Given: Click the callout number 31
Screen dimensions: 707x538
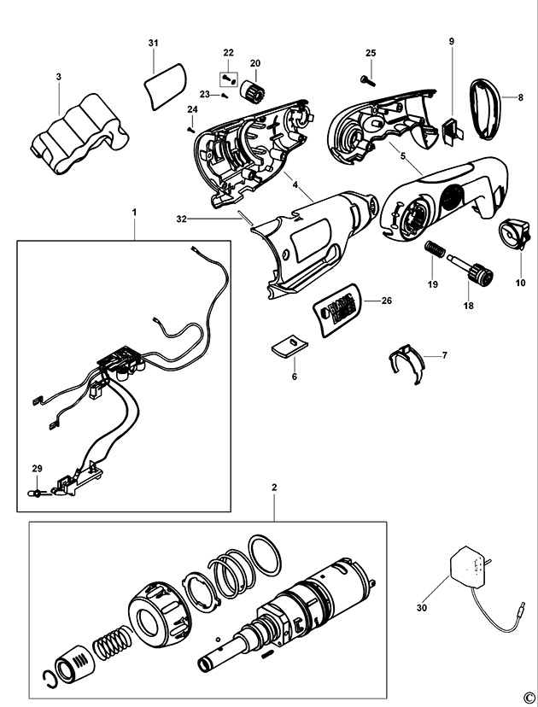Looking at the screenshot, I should pos(153,42).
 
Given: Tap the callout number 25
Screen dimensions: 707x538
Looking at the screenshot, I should pos(371,53).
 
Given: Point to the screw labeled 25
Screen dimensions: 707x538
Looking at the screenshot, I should pos(368,80).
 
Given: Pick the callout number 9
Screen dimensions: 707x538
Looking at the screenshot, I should pos(451,41).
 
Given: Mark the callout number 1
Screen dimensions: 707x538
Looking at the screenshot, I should pos(133,210).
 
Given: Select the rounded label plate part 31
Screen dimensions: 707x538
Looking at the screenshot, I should pos(163,85).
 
